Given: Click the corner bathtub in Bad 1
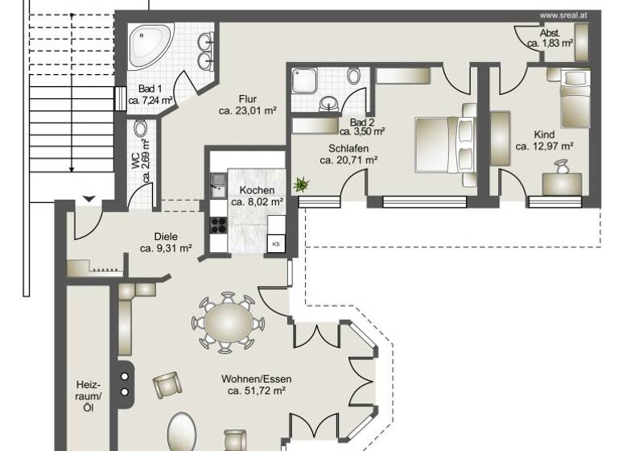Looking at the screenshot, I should (152, 46).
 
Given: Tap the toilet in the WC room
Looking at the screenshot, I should (141, 129).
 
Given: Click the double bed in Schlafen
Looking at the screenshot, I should (444, 146).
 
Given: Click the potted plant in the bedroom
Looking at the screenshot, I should (302, 185).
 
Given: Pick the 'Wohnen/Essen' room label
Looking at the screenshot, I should (257, 379).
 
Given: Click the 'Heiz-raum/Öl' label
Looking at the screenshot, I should (89, 396).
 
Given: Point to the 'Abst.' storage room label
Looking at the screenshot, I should (550, 33).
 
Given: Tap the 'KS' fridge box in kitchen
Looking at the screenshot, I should (276, 244).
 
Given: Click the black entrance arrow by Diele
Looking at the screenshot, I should (89, 199).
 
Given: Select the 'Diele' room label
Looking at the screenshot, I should (166, 237).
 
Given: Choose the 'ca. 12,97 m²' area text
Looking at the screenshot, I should (544, 147).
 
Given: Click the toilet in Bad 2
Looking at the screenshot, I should (354, 77).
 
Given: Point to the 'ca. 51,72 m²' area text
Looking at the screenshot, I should (257, 391).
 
